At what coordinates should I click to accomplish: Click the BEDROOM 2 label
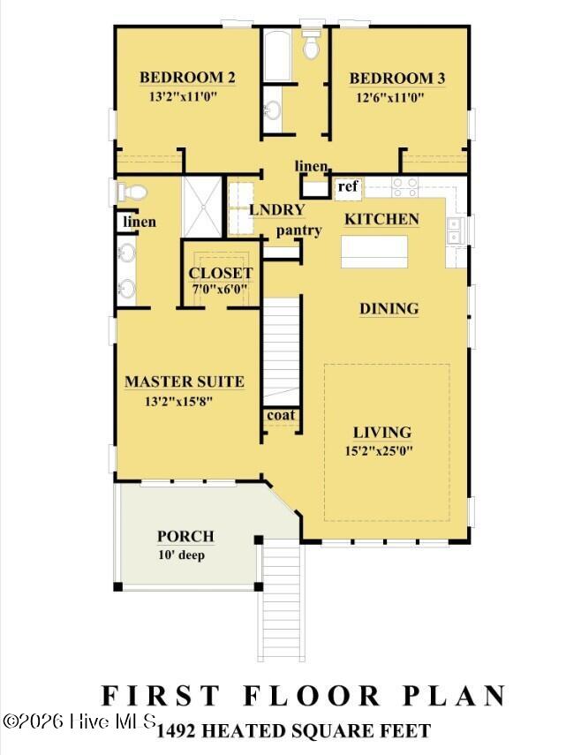tap(187, 78)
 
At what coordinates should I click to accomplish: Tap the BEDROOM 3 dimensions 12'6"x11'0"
tap(390, 98)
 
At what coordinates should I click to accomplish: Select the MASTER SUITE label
tap(185, 381)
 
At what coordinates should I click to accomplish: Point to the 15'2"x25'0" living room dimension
tap(380, 451)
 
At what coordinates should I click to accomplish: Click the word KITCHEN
tap(381, 220)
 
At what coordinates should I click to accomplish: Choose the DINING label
tap(389, 309)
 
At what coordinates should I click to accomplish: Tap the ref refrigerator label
tap(348, 185)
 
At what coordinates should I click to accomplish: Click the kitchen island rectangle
tap(374, 252)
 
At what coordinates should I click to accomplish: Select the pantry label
tap(298, 230)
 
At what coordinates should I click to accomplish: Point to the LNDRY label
tap(276, 210)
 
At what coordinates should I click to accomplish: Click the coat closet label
tap(281, 415)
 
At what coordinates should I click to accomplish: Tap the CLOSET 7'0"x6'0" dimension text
tap(220, 290)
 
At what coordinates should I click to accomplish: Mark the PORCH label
tap(185, 536)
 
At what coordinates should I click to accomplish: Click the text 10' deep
tap(181, 555)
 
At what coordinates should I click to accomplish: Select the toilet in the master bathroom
tap(132, 193)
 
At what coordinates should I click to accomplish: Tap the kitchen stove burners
tap(404, 187)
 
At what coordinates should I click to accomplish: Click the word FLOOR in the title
tap(312, 696)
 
